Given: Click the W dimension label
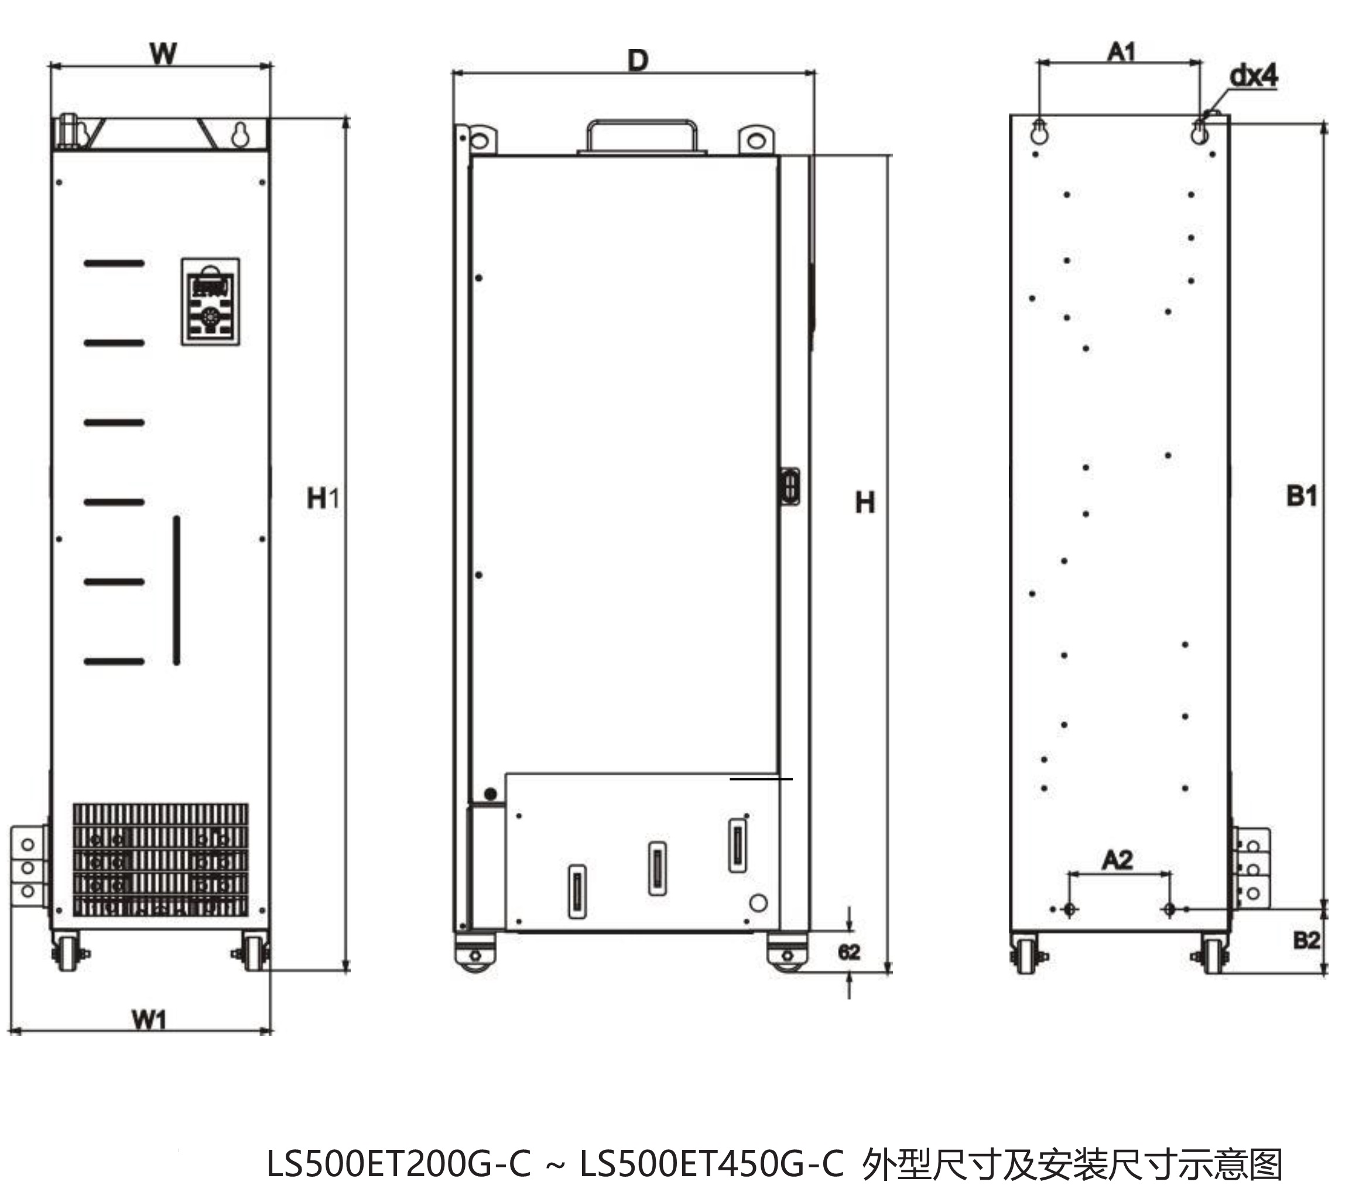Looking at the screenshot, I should tap(163, 53).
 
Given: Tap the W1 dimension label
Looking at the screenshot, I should tap(149, 1019).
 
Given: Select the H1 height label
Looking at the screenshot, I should tap(323, 499).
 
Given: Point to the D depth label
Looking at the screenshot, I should tap(637, 61).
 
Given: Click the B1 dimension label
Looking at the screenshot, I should tap(1301, 496).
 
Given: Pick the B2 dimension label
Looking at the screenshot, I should tap(1306, 940).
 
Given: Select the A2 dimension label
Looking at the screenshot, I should tap(1117, 861).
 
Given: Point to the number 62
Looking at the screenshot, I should tap(849, 953).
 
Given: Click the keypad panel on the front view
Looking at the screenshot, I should tap(210, 301).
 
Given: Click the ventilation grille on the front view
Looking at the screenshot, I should tap(160, 860).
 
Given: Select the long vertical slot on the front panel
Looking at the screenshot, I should tap(177, 590).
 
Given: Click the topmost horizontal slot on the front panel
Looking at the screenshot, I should tap(114, 263).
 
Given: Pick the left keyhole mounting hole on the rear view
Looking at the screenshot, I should tap(1039, 132).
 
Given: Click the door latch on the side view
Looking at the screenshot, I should tap(790, 488).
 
